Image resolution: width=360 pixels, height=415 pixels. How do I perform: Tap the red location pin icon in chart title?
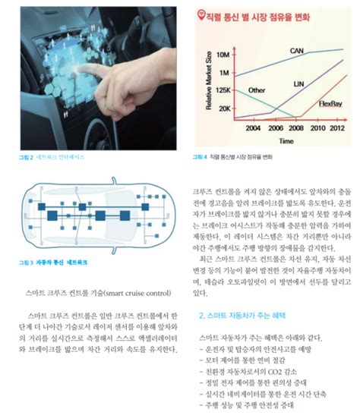click(x=199, y=14)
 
